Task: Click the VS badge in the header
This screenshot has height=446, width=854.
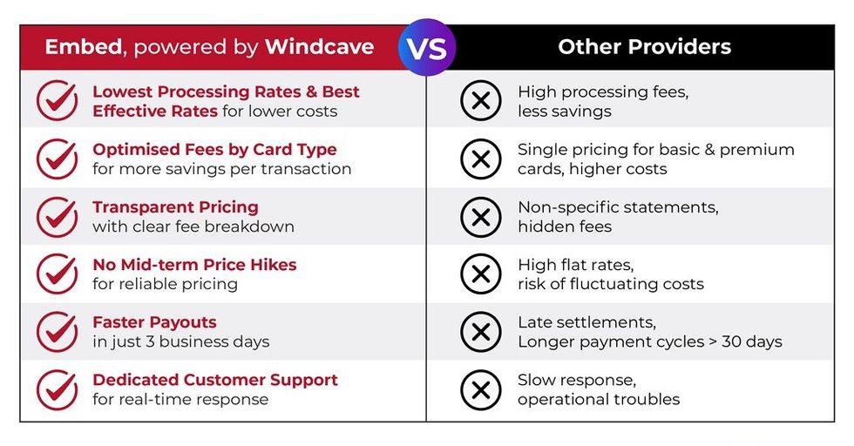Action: [427, 47]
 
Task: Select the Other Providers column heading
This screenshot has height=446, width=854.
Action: [644, 47]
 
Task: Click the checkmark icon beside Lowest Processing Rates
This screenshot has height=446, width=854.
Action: [58, 101]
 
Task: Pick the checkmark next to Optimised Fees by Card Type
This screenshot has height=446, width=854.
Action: [58, 159]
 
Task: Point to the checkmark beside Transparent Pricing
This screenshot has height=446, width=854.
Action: [58, 216]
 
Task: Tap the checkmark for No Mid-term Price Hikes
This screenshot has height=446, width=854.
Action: [58, 274]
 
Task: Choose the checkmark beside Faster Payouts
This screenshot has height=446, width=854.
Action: [58, 331]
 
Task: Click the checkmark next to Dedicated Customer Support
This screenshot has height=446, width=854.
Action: [58, 389]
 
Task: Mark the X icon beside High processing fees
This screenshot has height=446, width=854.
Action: [480, 101]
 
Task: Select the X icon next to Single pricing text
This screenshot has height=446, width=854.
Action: [480, 159]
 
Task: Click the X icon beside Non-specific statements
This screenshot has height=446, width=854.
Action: [480, 216]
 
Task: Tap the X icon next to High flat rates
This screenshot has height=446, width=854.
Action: [480, 274]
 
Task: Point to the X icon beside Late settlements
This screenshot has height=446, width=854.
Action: [480, 331]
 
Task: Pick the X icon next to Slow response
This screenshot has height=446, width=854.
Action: [480, 389]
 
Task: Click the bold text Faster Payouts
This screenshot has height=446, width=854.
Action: [154, 322]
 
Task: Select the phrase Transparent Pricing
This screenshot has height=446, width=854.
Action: [175, 207]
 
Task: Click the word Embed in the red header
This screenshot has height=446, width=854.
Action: [82, 47]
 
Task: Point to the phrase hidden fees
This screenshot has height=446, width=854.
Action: [565, 226]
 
